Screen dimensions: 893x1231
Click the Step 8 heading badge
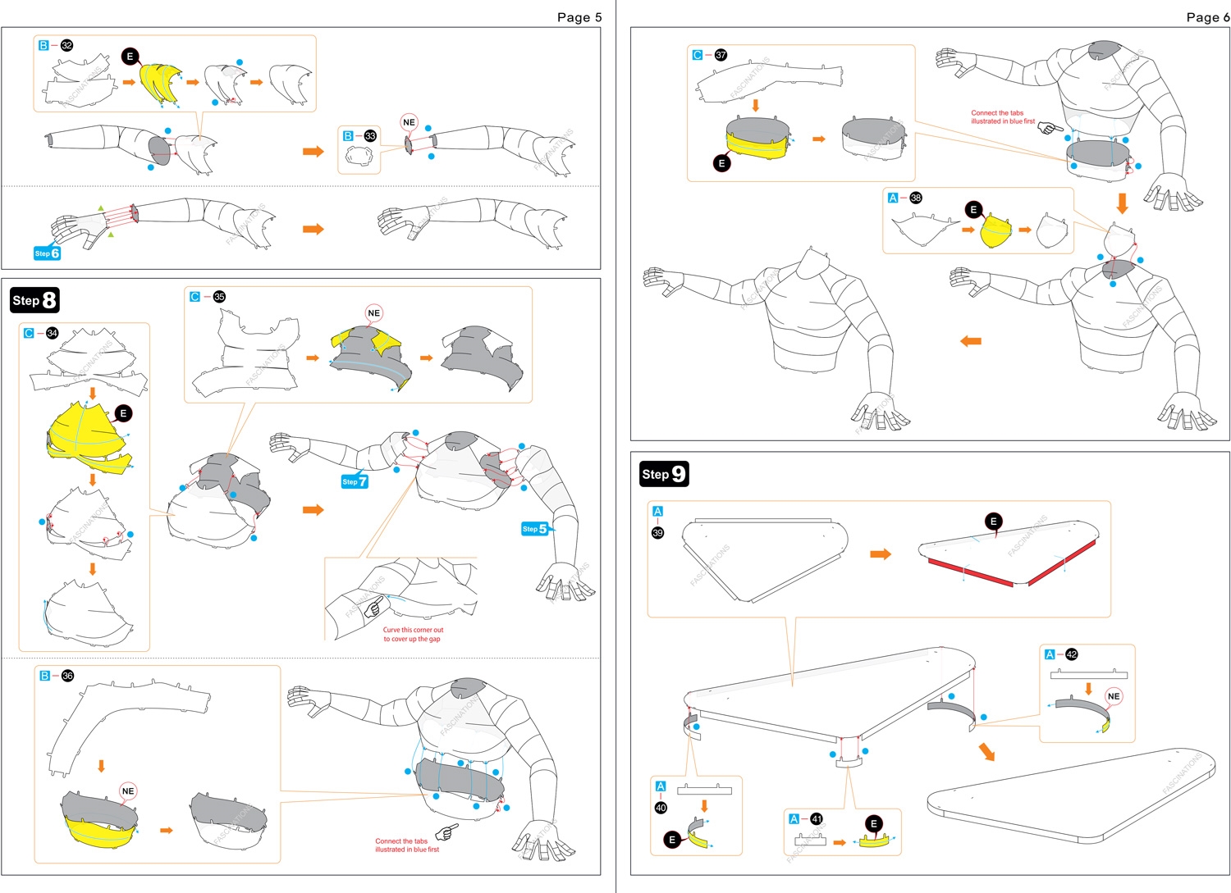pos(34,300)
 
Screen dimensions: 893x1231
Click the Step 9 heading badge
pos(664,474)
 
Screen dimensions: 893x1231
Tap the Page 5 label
pos(579,17)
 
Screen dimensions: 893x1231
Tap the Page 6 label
pos(1207,17)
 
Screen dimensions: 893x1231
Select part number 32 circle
pos(67,46)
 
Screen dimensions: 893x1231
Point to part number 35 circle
pos(219,297)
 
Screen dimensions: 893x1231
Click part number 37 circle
pos(721,55)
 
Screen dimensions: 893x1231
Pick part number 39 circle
pos(657,533)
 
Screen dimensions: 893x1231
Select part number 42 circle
pos(1071,654)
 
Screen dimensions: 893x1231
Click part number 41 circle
pos(816,818)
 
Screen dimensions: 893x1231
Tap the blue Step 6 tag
pos(47,253)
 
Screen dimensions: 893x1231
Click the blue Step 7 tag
pos(355,481)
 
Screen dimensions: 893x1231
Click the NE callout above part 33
pos(409,122)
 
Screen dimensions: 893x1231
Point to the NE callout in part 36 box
pos(127,791)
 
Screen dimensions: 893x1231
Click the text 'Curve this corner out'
pos(413,630)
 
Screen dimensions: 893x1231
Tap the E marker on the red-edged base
pos(993,522)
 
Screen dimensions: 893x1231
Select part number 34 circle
pos(52,333)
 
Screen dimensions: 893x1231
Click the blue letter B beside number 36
pos(44,676)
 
